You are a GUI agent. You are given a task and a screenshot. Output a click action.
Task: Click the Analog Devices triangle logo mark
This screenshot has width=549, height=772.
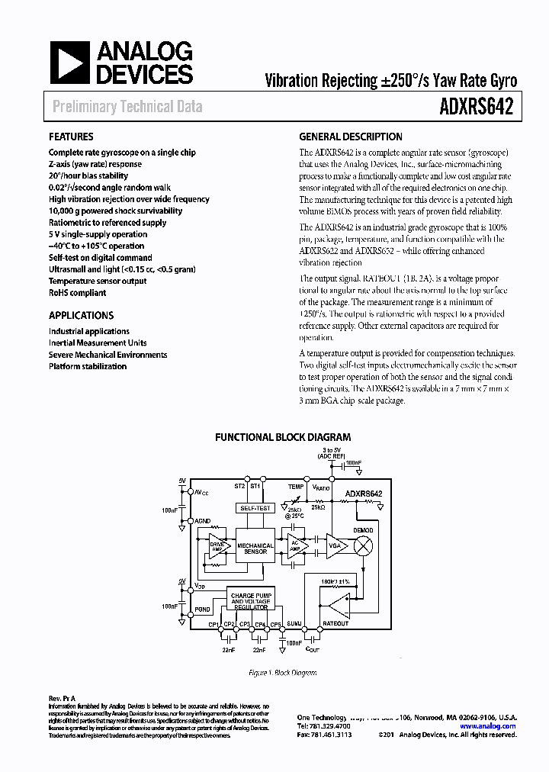click(x=69, y=61)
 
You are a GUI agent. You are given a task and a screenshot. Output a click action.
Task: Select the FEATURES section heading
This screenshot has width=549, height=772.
click(x=72, y=137)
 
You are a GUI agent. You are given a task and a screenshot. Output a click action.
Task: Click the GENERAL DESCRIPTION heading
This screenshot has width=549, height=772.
click(x=350, y=137)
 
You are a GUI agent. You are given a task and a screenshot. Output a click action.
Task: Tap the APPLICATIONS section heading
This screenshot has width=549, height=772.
click(x=81, y=315)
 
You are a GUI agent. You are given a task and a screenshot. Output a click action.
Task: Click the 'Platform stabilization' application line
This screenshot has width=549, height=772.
click(x=88, y=366)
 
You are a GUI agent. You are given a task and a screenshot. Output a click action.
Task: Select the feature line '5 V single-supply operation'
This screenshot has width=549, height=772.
click(x=98, y=234)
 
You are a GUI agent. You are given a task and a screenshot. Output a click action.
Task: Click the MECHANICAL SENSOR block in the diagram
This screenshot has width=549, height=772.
click(x=255, y=548)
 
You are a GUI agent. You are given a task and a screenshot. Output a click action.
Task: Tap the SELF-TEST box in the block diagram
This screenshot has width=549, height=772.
click(x=255, y=507)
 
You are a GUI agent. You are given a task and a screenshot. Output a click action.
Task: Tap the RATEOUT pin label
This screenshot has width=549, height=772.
click(x=335, y=623)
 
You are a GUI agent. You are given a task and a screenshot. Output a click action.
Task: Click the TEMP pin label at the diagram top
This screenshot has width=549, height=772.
click(x=295, y=486)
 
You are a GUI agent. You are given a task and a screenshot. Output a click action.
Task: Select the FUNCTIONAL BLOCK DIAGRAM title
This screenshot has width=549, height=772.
click(x=283, y=437)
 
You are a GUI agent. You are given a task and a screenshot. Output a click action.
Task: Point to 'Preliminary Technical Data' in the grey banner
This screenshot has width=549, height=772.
click(x=127, y=107)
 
